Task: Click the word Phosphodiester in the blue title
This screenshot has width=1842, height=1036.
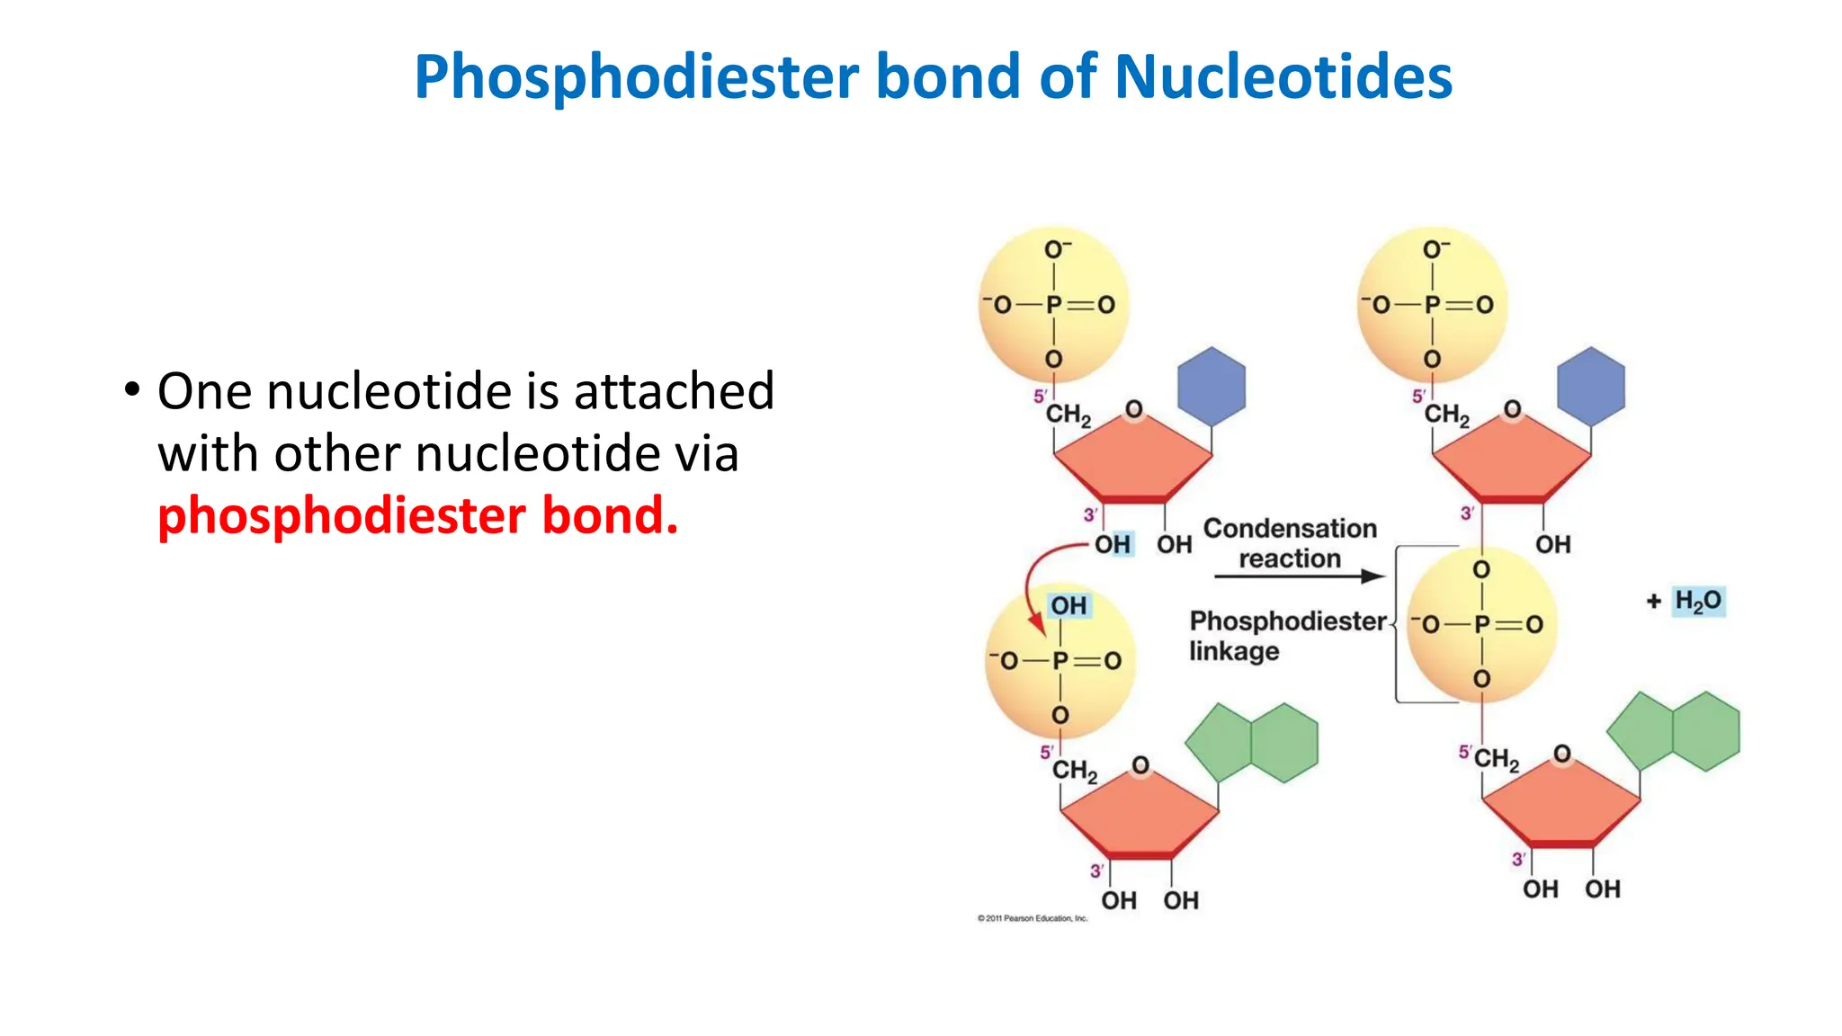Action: [x=636, y=77]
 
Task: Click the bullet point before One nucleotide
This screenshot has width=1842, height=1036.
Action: [x=132, y=391]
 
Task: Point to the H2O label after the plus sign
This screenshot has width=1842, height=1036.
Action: [x=1697, y=601]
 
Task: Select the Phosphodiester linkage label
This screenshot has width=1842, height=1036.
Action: [x=1286, y=635]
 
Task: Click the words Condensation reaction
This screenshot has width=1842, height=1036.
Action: [x=1290, y=543]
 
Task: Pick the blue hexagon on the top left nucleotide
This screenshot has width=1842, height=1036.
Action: [x=1212, y=386]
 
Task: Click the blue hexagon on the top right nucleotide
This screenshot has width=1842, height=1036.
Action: [x=1590, y=386]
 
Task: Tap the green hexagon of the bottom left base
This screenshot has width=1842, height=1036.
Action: [x=1284, y=743]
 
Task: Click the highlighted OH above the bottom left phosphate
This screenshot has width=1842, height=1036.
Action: [x=1069, y=605]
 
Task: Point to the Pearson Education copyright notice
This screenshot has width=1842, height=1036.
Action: [x=1033, y=918]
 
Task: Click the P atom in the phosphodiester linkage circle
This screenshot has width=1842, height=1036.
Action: [x=1481, y=624]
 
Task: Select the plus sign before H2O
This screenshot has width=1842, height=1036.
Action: [x=1653, y=602]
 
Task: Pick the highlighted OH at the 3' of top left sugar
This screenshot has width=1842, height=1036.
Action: [x=1113, y=544]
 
